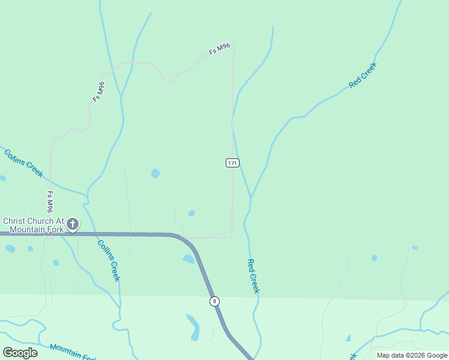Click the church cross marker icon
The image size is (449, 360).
click(72, 224)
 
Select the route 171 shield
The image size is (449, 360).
click(233, 163)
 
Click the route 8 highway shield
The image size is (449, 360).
click(214, 301)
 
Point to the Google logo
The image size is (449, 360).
click(20, 352)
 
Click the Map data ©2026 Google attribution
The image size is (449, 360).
click(412, 355)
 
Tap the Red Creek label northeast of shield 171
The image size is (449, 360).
click(362, 75)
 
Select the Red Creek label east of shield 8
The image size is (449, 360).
click(253, 276)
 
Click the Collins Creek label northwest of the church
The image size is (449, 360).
click(24, 163)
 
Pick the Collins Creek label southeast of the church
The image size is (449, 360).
click(109, 260)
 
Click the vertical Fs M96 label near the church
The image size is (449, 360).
click(50, 202)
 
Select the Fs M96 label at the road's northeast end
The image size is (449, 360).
click(220, 49)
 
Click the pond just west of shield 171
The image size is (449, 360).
click(155, 174)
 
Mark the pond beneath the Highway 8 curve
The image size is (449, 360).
click(188, 259)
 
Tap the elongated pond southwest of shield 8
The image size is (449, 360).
click(193, 326)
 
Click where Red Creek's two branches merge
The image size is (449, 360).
click(251, 198)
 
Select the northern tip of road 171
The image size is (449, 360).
click(234, 43)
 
